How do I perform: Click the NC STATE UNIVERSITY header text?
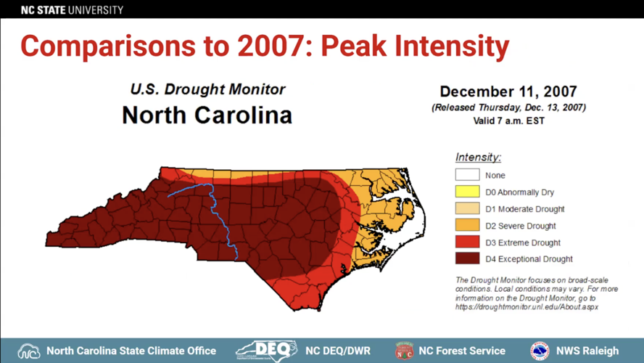pos(72,10)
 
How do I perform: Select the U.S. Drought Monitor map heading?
pos(207,90)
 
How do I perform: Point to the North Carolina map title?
pos(207,115)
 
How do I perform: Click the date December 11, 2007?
pos(508,92)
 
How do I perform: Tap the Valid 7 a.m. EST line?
pos(508,121)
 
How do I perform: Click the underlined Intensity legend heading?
pos(478,158)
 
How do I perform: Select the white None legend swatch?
pos(467,175)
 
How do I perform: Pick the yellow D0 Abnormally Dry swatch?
pos(467,192)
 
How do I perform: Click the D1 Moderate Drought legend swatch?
pos(467,208)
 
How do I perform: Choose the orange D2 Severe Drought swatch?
pos(467,225)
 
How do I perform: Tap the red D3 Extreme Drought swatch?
pos(467,242)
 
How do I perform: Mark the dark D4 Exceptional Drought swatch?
pos(467,258)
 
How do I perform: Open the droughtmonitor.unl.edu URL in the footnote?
pos(527,307)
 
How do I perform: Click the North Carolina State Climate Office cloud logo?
pos(29,351)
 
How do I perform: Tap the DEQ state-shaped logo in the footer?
pos(266,350)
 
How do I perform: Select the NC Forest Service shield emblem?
pos(404,351)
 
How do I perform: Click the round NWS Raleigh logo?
pos(540,351)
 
